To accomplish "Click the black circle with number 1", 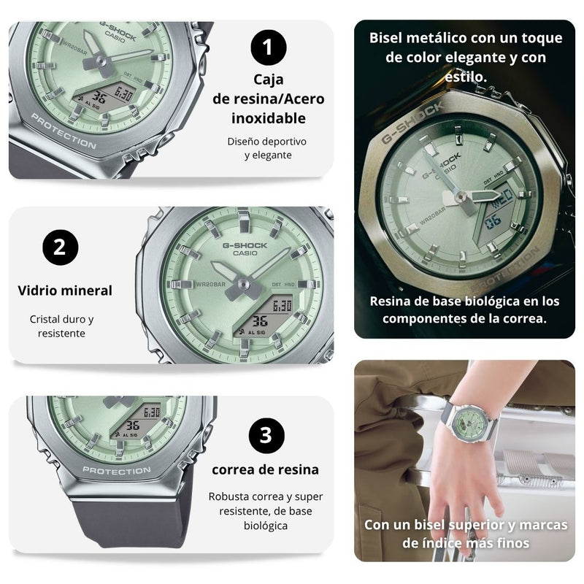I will pos(269,48).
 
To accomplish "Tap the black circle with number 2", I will pos(60,247).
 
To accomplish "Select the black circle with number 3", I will pos(266,436).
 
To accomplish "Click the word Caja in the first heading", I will pos(269,80).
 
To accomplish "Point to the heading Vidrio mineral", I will pos(65,291).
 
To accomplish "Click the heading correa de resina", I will pos(266,469).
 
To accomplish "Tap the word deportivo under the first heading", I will pos(281,140).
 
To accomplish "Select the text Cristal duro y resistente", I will pos(62,326).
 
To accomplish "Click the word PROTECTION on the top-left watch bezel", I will pos(64,133).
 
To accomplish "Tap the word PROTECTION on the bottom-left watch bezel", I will pos(117,471).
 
